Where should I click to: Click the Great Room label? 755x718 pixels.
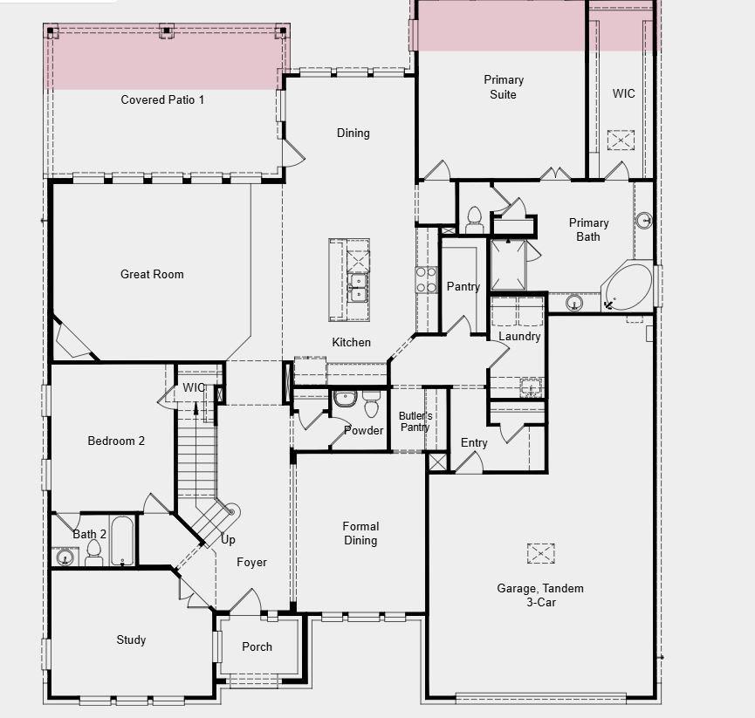point(152,274)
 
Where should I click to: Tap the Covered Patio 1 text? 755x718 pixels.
point(162,99)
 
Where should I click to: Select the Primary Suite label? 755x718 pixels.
point(503,87)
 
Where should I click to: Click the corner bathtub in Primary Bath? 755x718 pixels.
point(628,285)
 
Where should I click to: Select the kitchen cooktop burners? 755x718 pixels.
point(425,279)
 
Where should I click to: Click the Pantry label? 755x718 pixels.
point(463,286)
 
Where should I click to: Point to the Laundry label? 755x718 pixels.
point(519,336)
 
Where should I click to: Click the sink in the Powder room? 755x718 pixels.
point(345,399)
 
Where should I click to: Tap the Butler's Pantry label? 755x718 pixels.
point(415,421)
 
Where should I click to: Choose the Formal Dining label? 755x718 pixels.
point(360,533)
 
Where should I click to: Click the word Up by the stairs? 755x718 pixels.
point(228,539)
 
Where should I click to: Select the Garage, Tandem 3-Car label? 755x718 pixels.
point(540,595)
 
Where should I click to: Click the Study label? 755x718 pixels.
point(131,639)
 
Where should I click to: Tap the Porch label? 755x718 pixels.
point(257,646)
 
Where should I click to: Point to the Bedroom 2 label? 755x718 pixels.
point(116,441)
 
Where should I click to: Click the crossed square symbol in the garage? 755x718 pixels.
point(540,553)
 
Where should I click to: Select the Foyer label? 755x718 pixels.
point(252,562)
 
